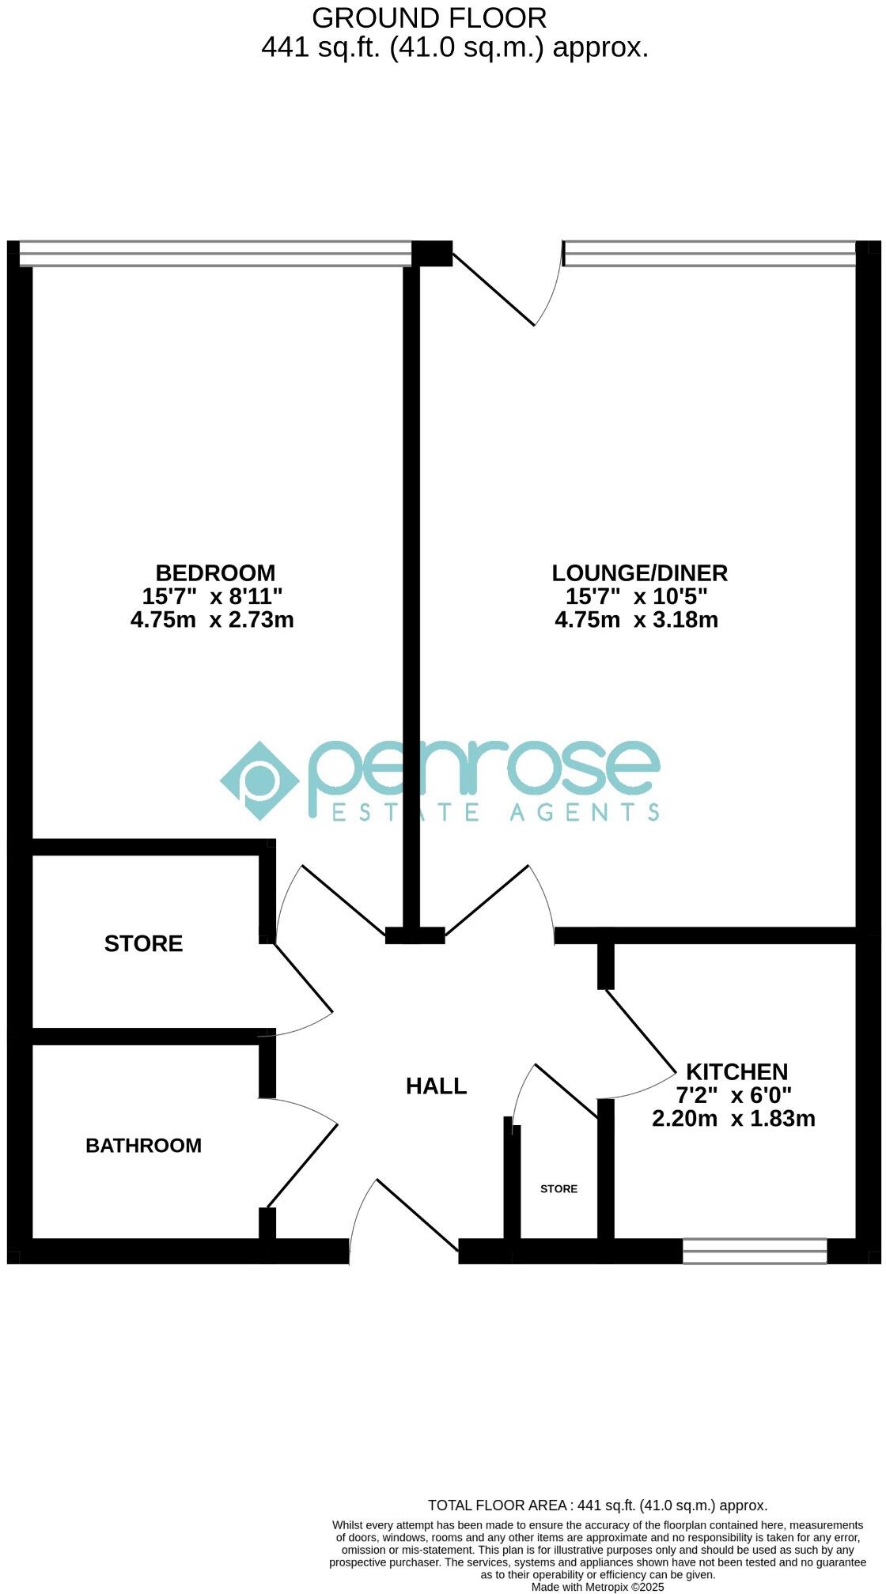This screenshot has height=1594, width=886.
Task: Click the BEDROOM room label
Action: [x=215, y=572]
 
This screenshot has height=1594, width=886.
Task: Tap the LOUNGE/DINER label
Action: [x=639, y=572]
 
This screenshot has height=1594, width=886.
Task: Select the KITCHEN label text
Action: [x=736, y=1071]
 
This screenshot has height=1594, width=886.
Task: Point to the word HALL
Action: [x=436, y=1086]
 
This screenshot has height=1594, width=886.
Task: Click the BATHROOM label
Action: [x=143, y=1145]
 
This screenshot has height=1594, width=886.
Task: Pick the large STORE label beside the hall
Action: [x=143, y=943]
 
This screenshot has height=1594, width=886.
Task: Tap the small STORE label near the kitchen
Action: [x=558, y=1188]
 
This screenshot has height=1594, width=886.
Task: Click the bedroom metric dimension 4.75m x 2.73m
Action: [x=212, y=619]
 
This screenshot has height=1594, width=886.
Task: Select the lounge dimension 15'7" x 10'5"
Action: [x=636, y=596]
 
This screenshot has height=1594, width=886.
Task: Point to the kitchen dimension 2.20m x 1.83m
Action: [x=733, y=1118]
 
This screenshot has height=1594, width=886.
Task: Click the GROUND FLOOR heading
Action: [x=429, y=17]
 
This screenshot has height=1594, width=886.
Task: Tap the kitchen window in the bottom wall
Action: [x=755, y=1251]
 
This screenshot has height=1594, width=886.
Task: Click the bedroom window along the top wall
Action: [x=215, y=253]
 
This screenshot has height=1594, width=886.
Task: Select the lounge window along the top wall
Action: [x=710, y=253]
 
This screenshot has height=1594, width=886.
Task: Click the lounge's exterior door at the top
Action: [x=506, y=285]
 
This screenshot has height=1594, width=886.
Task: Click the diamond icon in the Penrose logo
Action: [x=259, y=780]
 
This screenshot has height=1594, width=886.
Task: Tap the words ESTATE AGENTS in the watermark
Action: [x=494, y=812]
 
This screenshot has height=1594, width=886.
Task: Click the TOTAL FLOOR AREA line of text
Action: [x=597, y=1505]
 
